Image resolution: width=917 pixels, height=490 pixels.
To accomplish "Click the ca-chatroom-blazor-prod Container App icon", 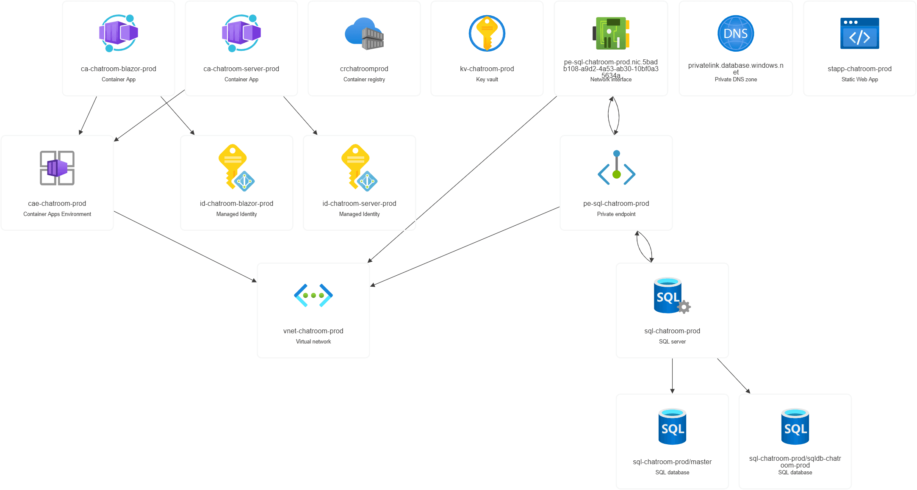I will [x=119, y=33].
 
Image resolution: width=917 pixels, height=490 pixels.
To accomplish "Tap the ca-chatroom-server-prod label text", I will [x=241, y=69].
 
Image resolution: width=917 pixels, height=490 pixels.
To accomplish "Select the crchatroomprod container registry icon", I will [x=364, y=33].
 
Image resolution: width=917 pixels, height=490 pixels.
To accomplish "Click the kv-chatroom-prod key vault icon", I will [x=487, y=33].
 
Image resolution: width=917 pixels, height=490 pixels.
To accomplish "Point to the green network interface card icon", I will [x=611, y=33].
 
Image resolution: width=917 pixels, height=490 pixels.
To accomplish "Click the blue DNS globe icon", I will [x=736, y=33].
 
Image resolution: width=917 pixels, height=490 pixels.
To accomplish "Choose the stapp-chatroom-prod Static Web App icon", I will [x=859, y=33].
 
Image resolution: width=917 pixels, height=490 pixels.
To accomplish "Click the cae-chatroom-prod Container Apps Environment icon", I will [x=57, y=168].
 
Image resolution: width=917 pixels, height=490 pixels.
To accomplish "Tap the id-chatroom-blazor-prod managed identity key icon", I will [x=236, y=167].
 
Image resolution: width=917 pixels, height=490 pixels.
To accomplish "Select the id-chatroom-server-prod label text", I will [x=359, y=203].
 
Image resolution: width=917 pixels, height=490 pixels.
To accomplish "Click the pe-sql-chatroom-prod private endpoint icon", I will [x=616, y=168].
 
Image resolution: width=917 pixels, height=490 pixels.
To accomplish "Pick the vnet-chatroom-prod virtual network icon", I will [x=313, y=295].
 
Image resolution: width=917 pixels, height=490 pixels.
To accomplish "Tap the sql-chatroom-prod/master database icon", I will [x=672, y=426].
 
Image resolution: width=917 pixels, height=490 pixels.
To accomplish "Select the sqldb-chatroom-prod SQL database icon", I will [x=795, y=426].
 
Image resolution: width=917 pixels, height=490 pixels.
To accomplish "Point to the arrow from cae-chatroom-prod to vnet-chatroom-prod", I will [x=185, y=246].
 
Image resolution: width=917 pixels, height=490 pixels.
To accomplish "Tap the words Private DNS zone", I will [x=736, y=79].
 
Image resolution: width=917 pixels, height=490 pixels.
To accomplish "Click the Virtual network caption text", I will [x=313, y=341].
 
